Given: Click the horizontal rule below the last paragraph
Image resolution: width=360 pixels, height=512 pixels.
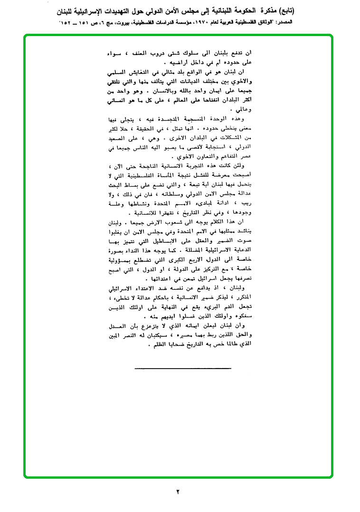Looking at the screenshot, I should point(182,355).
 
